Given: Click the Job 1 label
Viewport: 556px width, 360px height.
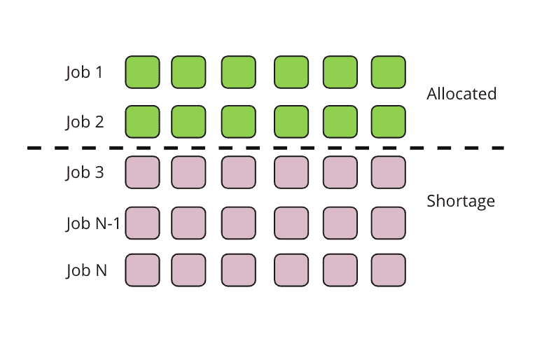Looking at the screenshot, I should tap(84, 72).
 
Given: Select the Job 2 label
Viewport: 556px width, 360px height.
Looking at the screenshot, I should tap(84, 122).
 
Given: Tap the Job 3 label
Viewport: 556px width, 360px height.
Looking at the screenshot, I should tap(84, 172).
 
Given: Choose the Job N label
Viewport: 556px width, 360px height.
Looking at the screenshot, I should tap(86, 270).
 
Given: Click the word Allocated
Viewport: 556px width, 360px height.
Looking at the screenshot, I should tap(461, 94).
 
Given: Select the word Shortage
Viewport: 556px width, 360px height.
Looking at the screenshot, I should tap(461, 201).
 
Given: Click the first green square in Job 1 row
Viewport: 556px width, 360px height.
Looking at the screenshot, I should tap(143, 72).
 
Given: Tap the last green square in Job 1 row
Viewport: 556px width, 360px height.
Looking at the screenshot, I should tap(389, 72).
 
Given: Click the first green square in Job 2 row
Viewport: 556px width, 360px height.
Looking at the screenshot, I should tap(143, 122).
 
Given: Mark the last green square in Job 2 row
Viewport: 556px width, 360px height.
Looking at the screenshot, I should tap(389, 122).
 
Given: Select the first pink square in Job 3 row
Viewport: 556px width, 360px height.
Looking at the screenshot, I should tap(143, 172).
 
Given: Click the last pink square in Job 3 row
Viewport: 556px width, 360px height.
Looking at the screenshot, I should tap(389, 172).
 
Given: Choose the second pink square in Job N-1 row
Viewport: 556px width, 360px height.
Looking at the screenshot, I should tap(189, 223).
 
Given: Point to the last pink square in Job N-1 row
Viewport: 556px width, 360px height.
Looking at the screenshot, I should tap(389, 223).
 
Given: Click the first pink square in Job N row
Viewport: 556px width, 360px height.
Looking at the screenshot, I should tap(143, 270).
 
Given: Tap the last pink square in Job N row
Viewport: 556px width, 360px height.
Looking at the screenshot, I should tap(389, 270).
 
